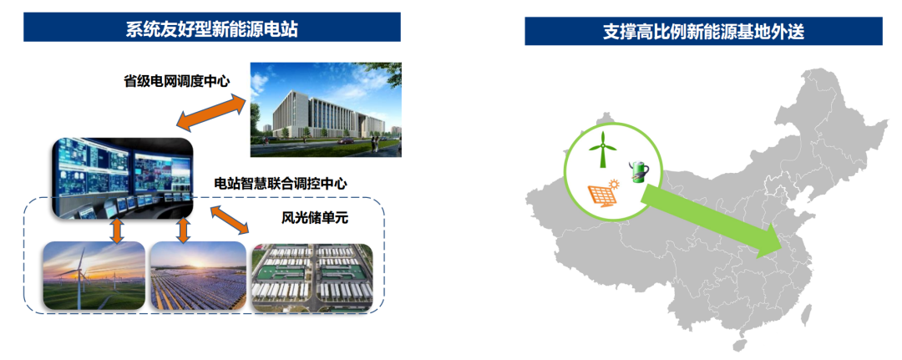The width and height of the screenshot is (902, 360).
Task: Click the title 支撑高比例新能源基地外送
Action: click(x=703, y=33)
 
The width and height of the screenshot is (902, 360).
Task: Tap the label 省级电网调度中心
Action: click(x=176, y=81)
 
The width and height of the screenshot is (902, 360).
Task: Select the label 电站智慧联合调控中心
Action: click(x=281, y=184)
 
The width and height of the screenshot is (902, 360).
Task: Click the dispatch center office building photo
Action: click(x=326, y=109)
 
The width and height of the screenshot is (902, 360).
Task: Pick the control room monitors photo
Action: click(x=121, y=178)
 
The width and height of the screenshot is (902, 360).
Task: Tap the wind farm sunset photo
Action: click(x=94, y=276)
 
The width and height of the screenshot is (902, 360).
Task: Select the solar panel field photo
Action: click(x=198, y=276)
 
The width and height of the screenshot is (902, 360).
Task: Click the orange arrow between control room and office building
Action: click(x=211, y=112)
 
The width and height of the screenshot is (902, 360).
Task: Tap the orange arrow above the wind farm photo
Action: click(x=117, y=230)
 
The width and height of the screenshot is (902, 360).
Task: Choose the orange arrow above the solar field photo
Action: click(x=184, y=230)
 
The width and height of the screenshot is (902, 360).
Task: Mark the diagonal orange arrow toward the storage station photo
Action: click(x=230, y=221)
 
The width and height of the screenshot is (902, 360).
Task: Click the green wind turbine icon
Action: click(x=602, y=149)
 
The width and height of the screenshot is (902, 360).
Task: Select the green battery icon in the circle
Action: click(x=637, y=171)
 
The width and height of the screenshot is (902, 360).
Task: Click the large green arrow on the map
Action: click(x=712, y=221)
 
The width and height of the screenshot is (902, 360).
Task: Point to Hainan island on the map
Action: click(x=740, y=344)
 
